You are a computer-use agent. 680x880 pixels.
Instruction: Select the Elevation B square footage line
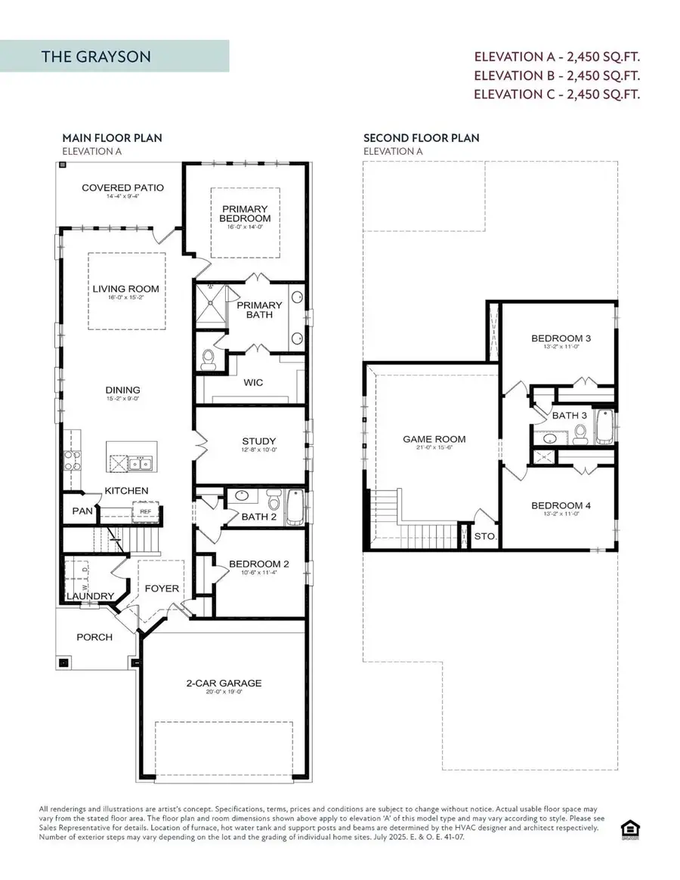pos(556,76)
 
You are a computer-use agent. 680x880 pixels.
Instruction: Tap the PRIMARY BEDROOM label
pos(245,214)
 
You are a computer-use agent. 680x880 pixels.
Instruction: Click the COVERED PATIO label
pos(122,188)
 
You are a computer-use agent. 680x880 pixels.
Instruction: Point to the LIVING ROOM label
pos(125,289)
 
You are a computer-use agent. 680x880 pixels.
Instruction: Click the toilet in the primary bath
pos(209,360)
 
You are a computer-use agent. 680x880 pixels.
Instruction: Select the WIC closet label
pos(254,383)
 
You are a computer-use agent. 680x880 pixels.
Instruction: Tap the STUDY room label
pos(258,441)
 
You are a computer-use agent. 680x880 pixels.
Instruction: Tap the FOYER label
pos(162,588)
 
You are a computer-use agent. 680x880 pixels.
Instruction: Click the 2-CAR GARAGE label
pos(224,684)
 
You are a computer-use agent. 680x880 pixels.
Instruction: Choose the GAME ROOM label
pos(434,439)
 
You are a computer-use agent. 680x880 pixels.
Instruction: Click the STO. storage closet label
pos(484,536)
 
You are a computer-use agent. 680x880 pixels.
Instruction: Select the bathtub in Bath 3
pos(604,428)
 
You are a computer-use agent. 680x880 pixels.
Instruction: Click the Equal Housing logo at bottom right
pos(628,828)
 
